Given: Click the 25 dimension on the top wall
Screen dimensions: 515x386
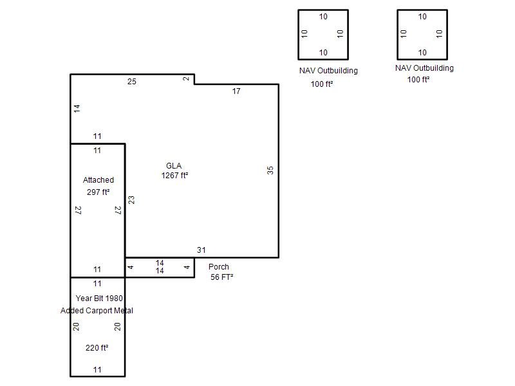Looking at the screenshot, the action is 132,82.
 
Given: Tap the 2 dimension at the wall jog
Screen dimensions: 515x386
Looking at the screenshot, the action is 186,78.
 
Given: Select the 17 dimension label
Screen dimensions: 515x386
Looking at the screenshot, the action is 236,91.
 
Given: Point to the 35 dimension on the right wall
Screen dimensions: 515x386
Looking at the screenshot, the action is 270,170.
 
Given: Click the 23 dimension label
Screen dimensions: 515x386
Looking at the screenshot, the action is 131,200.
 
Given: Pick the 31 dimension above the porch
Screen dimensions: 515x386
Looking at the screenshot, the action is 201,250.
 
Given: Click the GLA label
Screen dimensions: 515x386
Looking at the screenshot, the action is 174,166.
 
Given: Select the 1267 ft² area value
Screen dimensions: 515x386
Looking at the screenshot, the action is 174,176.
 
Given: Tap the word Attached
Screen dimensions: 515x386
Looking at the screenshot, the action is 98,180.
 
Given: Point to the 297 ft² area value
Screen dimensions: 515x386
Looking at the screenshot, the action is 98,192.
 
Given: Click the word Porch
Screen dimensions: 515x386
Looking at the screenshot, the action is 219,267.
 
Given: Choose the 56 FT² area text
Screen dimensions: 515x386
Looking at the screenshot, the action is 222,277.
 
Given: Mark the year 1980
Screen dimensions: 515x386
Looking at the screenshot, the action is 115,299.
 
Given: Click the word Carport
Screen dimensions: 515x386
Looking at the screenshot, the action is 99,311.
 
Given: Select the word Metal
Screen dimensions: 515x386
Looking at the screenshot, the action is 124,311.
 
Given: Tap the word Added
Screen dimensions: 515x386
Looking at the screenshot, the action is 72,311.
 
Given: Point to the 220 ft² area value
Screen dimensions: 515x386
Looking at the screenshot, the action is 97,348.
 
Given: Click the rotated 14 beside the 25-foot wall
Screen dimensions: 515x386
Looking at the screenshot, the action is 77,109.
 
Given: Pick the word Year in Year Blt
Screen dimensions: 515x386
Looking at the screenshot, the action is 84,299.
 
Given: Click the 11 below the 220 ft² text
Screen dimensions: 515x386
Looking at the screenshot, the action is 97,370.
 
